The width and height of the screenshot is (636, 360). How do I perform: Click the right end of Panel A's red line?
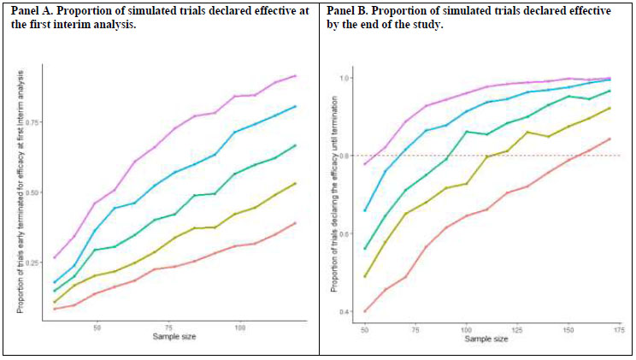[x=295, y=222]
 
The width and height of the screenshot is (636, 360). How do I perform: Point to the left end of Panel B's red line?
[x=365, y=311]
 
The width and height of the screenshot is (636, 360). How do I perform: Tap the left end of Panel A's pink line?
[x=55, y=257]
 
